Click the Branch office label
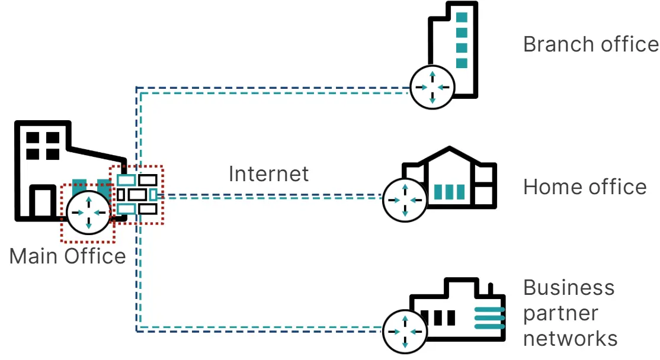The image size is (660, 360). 591,44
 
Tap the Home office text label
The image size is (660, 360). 585,187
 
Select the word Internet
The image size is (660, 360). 268,174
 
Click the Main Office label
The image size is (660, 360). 68,256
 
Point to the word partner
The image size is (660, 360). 561,313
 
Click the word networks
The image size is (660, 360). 571,339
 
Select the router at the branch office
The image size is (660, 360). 432,87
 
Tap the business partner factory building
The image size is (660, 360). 459,311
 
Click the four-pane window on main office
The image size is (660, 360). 43,146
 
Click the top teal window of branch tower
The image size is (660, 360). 462,18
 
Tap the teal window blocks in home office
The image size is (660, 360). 450,192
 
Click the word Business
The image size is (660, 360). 569,288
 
